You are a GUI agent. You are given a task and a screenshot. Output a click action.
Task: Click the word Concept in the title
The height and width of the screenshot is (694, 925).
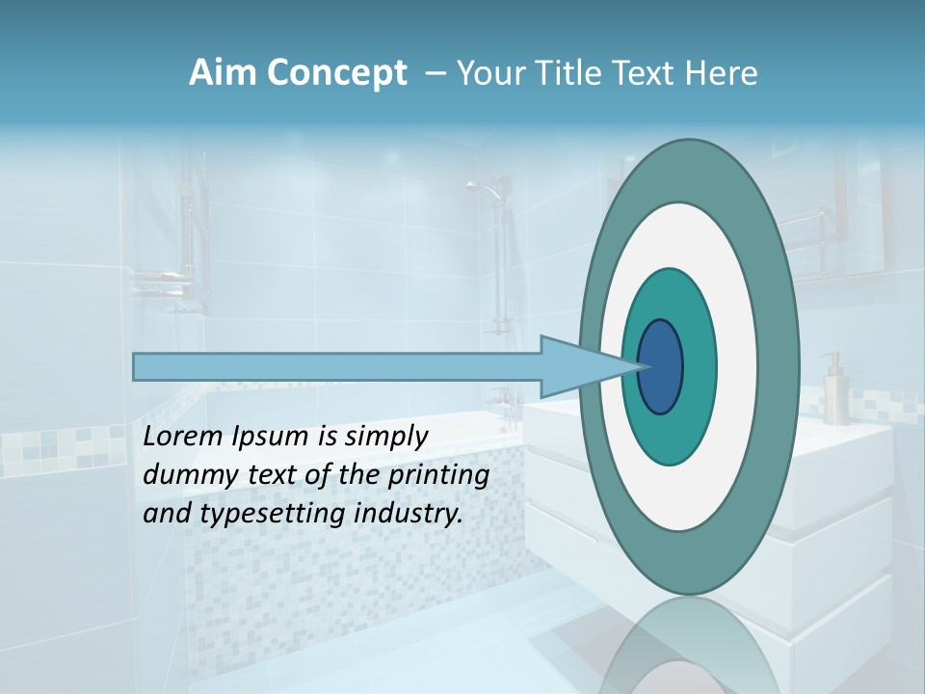pos(336,73)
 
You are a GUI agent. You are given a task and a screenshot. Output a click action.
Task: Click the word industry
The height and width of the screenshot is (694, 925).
pos(410,514)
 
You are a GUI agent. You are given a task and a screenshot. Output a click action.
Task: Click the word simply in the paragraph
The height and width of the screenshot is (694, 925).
pos(385,437)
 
